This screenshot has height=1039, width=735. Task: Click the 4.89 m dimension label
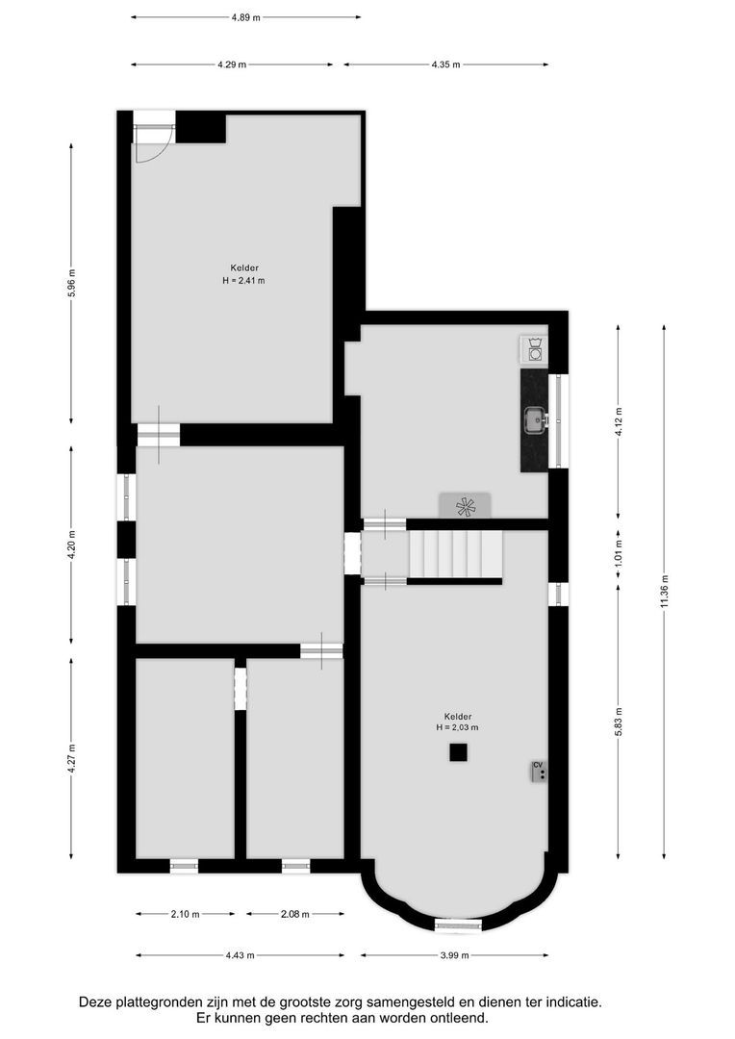pyautogui.click(x=245, y=17)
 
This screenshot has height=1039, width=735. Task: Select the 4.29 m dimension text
pyautogui.click(x=232, y=64)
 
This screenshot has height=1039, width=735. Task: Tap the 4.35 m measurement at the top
pyautogui.click(x=445, y=64)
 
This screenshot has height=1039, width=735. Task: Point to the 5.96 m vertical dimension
pyautogui.click(x=71, y=283)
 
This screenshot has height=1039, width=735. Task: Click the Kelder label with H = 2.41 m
pyautogui.click(x=243, y=274)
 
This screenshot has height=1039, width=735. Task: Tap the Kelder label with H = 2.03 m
pyautogui.click(x=457, y=722)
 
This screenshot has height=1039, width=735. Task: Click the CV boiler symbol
pyautogui.click(x=539, y=771)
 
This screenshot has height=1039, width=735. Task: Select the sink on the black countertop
pyautogui.click(x=535, y=418)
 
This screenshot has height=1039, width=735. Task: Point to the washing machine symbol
pyautogui.click(x=533, y=349)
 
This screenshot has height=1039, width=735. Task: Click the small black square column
pyautogui.click(x=458, y=752)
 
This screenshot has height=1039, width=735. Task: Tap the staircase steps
pyautogui.click(x=456, y=555)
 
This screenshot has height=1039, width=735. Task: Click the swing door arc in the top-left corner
pyautogui.click(x=153, y=145)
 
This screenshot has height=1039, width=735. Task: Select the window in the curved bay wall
pyautogui.click(x=457, y=925)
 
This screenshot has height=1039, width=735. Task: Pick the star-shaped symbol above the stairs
pyautogui.click(x=465, y=506)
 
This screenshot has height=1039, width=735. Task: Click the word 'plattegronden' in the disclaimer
pyautogui.click(x=157, y=1001)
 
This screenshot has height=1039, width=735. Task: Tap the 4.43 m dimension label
pyautogui.click(x=240, y=955)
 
